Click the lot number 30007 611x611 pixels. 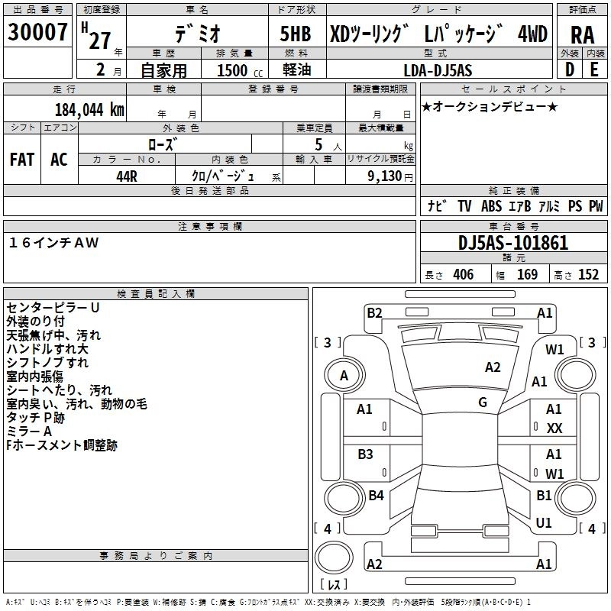37,34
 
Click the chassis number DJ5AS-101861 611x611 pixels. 513,243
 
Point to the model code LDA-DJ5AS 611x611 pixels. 438,70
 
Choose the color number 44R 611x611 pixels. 127,176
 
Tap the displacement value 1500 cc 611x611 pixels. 232,70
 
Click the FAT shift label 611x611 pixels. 22,160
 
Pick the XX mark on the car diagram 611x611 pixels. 554,428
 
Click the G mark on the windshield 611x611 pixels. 483,402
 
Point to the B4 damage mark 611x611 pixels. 376,496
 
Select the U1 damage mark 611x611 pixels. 544,523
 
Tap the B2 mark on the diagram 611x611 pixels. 374,312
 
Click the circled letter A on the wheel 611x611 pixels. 344,375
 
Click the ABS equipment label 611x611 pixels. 491,205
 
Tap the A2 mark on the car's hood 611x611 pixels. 493,367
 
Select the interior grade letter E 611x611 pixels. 594,70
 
